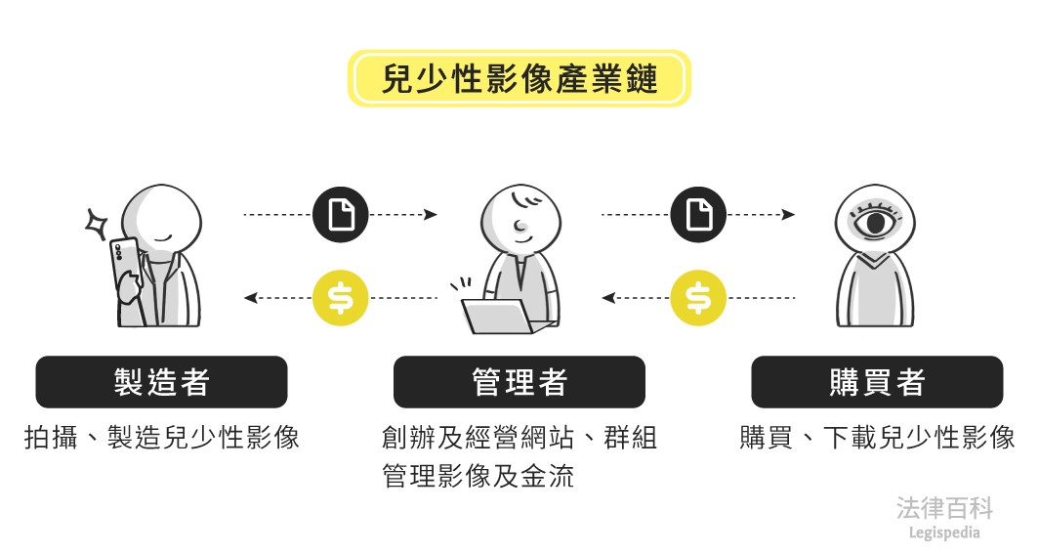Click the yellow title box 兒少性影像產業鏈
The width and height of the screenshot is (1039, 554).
519,78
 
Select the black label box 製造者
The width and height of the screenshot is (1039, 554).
162,382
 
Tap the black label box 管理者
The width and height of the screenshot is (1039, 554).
519,382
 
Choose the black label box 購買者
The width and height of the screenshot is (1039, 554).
876,382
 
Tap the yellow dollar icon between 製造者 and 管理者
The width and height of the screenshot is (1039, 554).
341,297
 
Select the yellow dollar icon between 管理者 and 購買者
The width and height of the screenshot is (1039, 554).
699,297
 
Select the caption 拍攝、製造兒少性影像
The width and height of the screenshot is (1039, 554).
162,437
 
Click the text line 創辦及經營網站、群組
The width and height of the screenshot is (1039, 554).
519,437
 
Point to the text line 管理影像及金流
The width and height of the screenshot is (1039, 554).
478,476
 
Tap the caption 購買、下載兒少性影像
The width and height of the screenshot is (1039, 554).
876,437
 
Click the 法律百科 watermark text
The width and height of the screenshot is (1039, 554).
944,508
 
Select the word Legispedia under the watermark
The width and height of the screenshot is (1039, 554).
944,533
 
